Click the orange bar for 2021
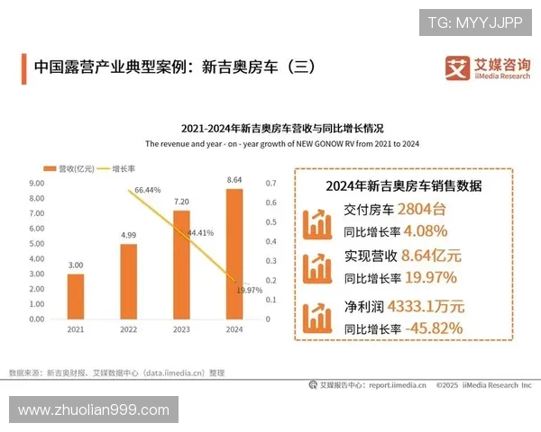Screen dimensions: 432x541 (75, 296)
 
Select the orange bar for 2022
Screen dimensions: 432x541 (128, 281)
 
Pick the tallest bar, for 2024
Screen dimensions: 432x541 (234, 253)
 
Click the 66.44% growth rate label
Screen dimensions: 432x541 (147, 190)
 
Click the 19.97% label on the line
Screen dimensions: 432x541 (249, 290)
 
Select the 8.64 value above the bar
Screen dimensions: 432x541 (234, 180)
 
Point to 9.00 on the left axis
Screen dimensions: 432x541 (37, 183)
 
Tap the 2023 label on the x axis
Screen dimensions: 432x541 (180, 330)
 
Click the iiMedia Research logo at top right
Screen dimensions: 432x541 (487, 68)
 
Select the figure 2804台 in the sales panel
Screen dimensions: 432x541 (415, 211)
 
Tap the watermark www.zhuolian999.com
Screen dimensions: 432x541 (94, 409)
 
